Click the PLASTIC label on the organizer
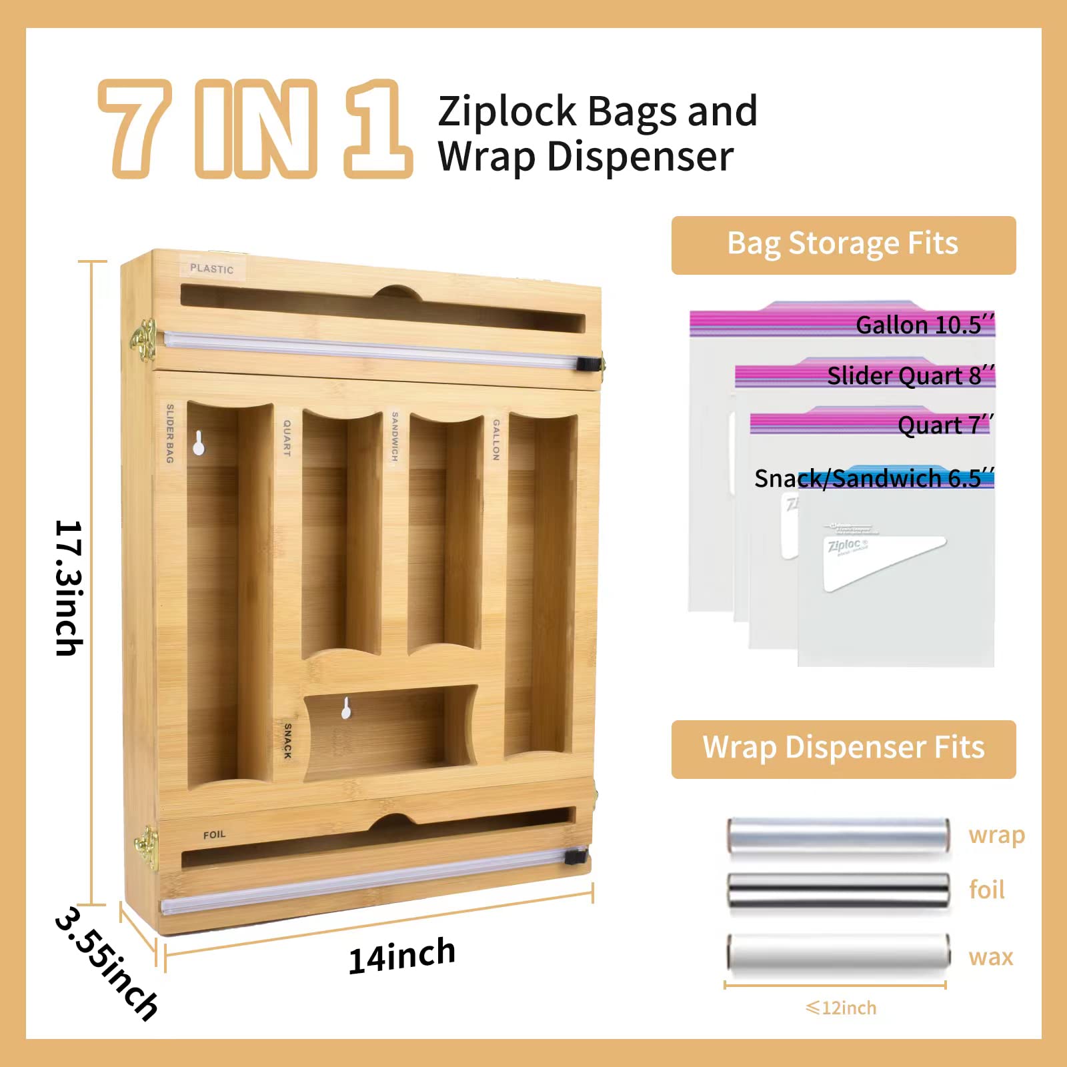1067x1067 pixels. coord(211,269)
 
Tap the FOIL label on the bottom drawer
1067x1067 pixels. coord(214,834)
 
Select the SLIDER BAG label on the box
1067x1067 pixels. coord(169,433)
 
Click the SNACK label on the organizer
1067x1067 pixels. coord(287,741)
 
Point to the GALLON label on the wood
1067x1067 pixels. coord(495,439)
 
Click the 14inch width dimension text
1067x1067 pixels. coord(402,955)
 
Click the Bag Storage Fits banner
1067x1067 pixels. coord(843,245)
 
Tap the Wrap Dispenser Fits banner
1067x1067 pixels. coord(843,748)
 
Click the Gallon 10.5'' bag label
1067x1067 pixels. coord(924,325)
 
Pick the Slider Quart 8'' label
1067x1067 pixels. coord(910,375)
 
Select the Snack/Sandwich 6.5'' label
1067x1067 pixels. coord(874,478)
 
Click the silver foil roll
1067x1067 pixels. coord(838,890)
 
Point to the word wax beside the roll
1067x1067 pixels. coord(990,957)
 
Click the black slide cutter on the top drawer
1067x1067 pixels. coord(586,364)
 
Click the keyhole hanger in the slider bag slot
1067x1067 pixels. coord(198,443)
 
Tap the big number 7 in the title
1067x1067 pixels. coord(136,128)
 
